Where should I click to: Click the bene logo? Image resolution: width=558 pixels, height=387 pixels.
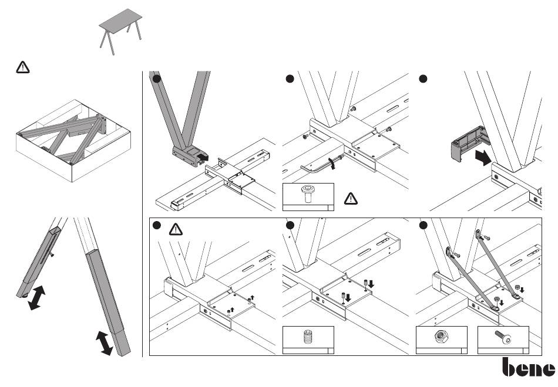[529, 367]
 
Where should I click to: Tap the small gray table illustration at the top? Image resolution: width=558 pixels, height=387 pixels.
[120, 32]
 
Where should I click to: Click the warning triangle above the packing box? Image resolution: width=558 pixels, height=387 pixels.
[23, 67]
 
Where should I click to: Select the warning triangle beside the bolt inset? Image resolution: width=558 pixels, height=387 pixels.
[351, 199]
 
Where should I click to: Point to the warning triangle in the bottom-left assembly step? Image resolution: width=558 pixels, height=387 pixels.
[176, 229]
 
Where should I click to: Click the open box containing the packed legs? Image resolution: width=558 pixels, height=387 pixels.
[73, 141]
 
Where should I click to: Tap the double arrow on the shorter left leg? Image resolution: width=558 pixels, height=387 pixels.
[36, 298]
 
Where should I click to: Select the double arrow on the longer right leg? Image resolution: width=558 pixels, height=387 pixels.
[105, 343]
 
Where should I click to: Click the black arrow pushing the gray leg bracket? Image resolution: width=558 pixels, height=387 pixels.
[203, 157]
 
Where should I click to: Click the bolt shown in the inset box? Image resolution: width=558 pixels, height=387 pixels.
[307, 193]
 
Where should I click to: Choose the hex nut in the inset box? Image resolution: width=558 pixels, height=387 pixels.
[441, 336]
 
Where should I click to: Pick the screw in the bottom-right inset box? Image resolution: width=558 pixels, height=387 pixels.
[502, 337]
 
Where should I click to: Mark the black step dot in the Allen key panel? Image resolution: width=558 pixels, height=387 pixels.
[290, 79]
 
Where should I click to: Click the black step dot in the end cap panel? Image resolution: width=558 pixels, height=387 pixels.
[423, 79]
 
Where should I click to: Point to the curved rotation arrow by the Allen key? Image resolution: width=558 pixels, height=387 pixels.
[332, 164]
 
